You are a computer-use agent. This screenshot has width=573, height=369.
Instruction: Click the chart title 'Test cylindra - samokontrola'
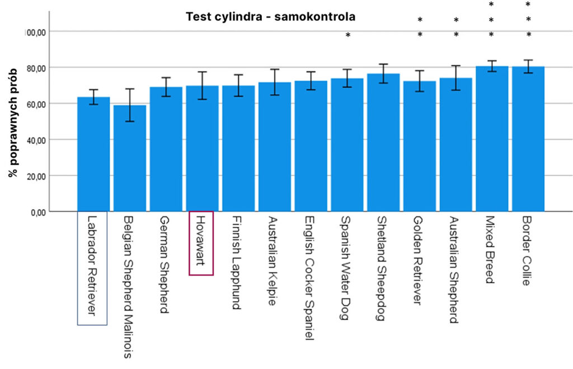(271, 17)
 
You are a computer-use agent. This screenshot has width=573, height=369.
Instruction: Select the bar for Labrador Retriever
(93, 154)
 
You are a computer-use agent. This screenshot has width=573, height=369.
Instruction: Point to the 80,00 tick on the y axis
(37, 68)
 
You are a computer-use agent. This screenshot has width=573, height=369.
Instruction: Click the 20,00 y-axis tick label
(37, 176)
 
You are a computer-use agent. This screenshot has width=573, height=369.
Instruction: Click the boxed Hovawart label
(201, 243)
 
